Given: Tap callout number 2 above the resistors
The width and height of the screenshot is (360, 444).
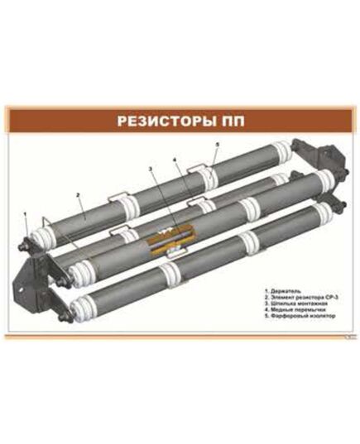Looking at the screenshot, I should (77, 195).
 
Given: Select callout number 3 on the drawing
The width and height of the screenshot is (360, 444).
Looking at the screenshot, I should (151, 169).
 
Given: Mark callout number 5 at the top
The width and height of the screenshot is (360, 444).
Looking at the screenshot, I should (217, 145).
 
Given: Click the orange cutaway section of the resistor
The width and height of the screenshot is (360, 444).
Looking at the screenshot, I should (172, 237).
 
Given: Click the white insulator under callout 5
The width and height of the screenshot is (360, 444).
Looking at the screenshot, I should (212, 173).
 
